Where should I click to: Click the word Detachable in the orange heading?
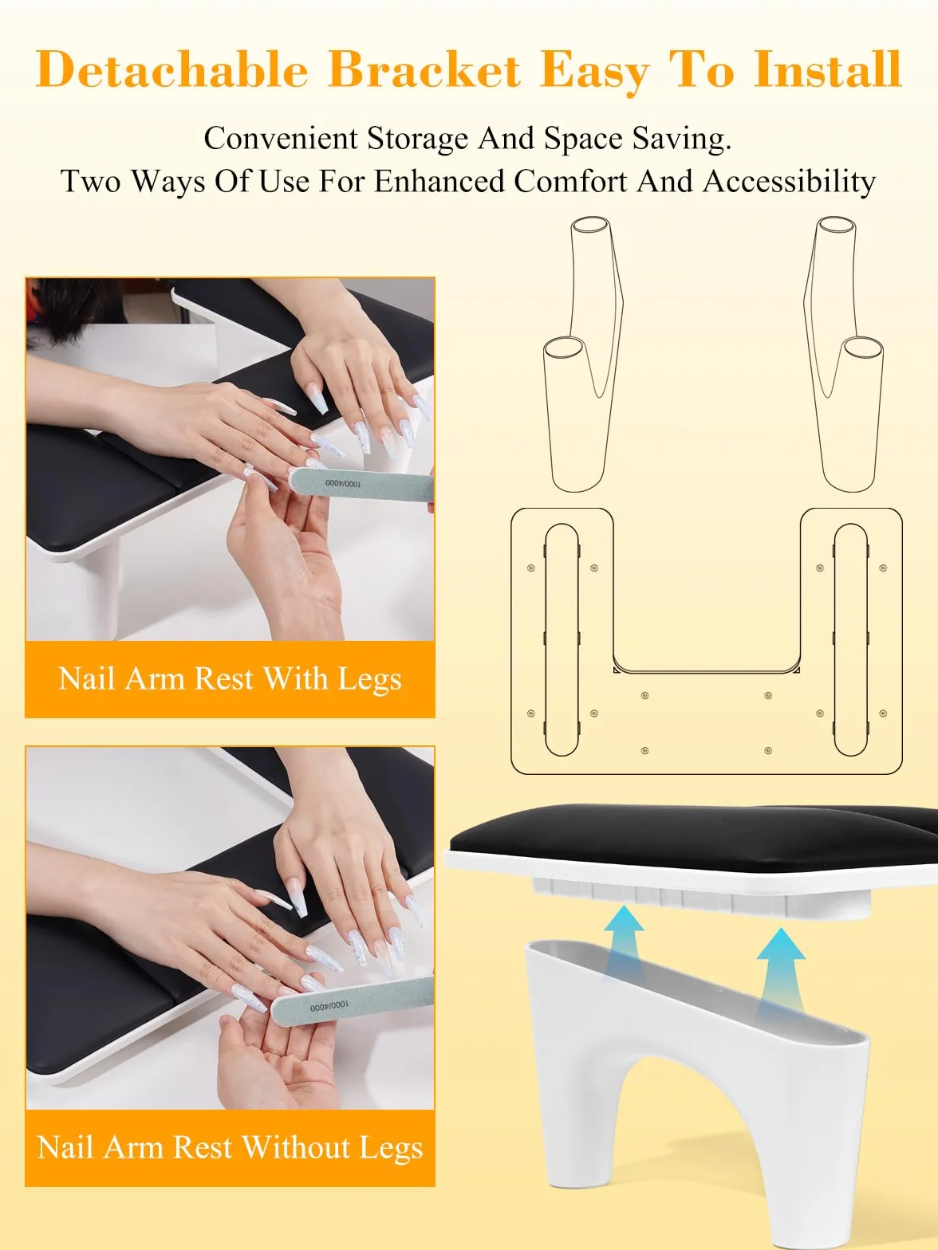pyautogui.click(x=171, y=69)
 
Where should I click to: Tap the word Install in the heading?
pyautogui.click(x=827, y=69)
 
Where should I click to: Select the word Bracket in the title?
pyautogui.click(x=425, y=69)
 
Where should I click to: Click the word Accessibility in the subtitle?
pyautogui.click(x=789, y=183)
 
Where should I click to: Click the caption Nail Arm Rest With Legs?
pyautogui.click(x=230, y=679)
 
